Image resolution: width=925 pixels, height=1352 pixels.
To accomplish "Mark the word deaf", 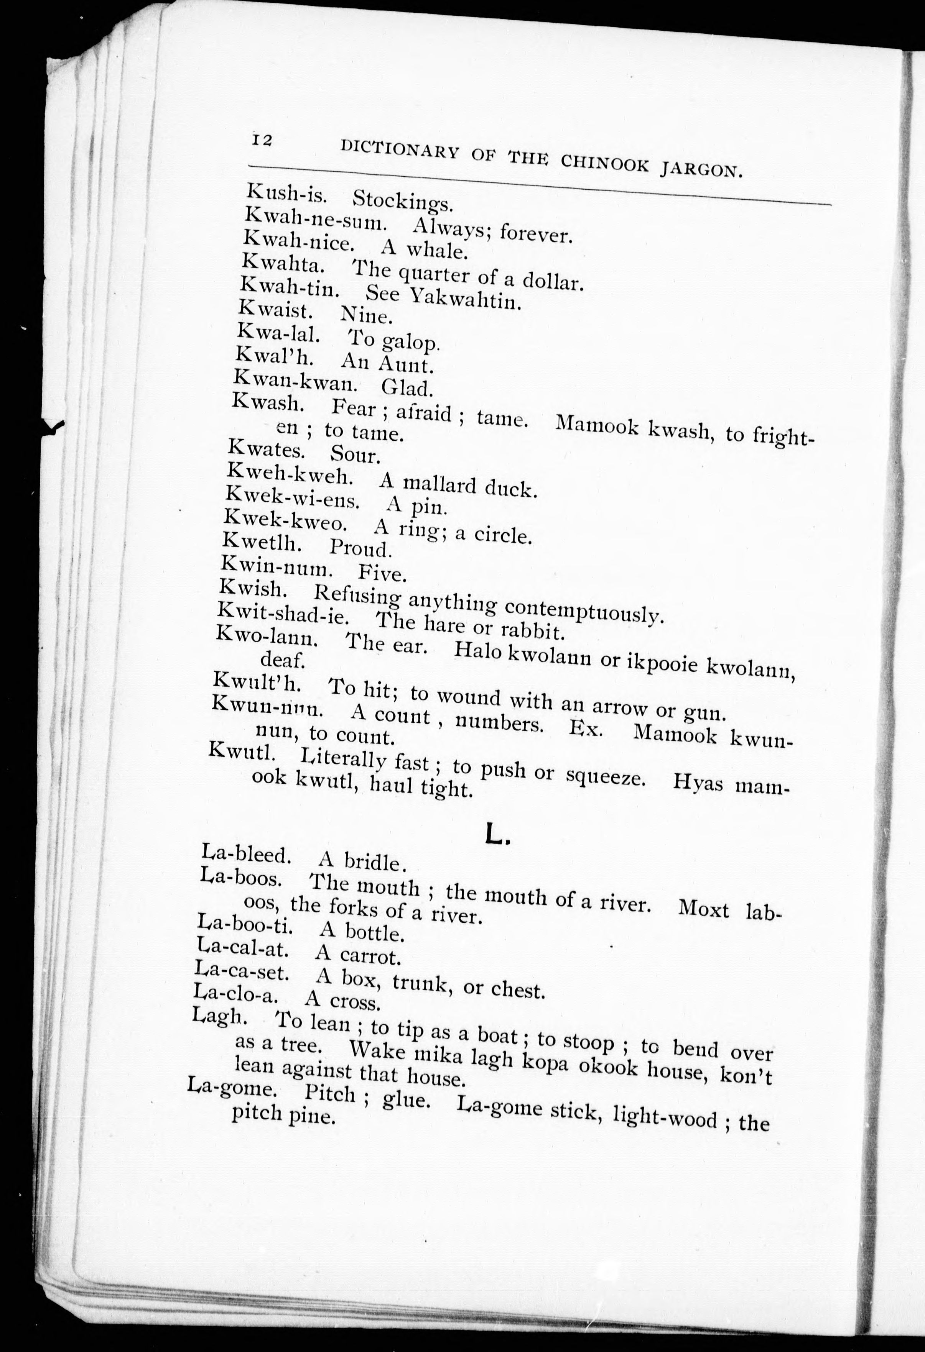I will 282,660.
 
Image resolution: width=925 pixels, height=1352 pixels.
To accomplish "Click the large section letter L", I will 497,835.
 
